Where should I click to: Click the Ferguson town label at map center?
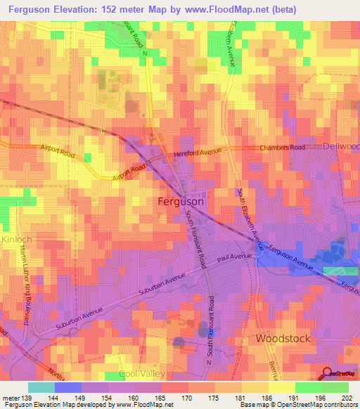coord(179,202)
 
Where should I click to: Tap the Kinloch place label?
coord(16,240)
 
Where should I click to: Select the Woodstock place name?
coord(282,338)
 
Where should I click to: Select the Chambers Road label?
coord(282,148)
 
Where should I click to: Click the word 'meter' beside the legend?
coord(11,397)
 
